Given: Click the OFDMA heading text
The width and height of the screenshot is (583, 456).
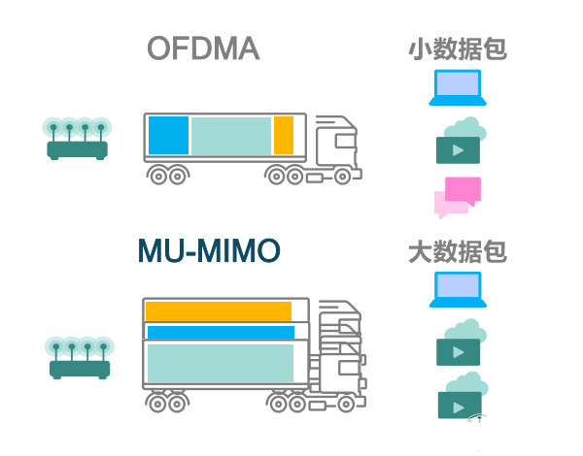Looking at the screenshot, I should pyautogui.click(x=203, y=49).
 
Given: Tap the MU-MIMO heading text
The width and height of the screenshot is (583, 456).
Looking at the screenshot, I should pyautogui.click(x=209, y=252).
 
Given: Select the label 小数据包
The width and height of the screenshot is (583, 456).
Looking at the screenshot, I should pyautogui.click(x=457, y=49).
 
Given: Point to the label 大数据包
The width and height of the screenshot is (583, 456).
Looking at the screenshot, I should pyautogui.click(x=457, y=253).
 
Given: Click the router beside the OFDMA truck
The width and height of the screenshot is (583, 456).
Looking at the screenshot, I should pyautogui.click(x=78, y=139).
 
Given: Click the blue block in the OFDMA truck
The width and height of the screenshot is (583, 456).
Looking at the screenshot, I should pyautogui.click(x=167, y=136).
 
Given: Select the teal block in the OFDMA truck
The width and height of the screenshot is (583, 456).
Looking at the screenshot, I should pyautogui.click(x=230, y=136).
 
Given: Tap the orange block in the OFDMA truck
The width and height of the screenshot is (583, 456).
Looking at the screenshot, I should pyautogui.click(x=283, y=136).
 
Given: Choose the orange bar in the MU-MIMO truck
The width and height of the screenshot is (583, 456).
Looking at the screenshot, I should pyautogui.click(x=218, y=310).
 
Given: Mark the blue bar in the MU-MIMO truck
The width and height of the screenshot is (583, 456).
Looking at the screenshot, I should pyautogui.click(x=220, y=333).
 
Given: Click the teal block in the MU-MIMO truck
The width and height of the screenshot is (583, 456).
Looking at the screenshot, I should pyautogui.click(x=220, y=363).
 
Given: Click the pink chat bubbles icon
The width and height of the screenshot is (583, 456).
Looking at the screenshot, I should pyautogui.click(x=458, y=197).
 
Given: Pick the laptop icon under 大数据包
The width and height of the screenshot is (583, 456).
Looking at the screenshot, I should pyautogui.click(x=457, y=290).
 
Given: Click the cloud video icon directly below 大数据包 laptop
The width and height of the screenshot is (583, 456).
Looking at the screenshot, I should pyautogui.click(x=461, y=343).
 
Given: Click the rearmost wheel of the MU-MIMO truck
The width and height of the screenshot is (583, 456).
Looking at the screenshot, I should pyautogui.click(x=155, y=399).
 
